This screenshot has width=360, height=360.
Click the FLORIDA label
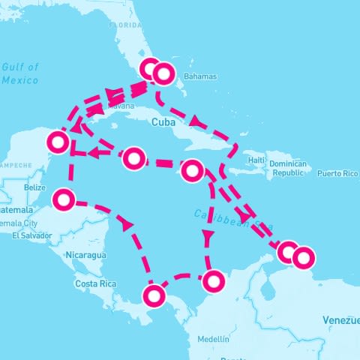pyautogui.click(x=125, y=24)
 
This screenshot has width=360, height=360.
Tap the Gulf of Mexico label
pyautogui.click(x=21, y=73)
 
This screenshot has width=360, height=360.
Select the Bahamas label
pyautogui.click(x=199, y=76)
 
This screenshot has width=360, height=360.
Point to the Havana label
pyautogui.click(x=122, y=106)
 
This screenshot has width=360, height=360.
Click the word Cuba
pyautogui.click(x=163, y=121)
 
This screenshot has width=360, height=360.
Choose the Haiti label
pyautogui.click(x=257, y=160)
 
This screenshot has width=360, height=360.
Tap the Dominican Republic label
pyautogui.click(x=289, y=168)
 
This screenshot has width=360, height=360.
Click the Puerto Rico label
pyautogui.click(x=337, y=173)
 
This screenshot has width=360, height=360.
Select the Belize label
pyautogui.click(x=35, y=187)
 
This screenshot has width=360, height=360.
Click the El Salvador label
pyautogui.click(x=32, y=235)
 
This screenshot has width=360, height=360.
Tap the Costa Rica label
pyautogui.click(x=95, y=283)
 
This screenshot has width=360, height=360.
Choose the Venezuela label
pyautogui.click(x=341, y=320)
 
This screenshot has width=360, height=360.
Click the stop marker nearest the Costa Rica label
pyautogui.click(x=154, y=296)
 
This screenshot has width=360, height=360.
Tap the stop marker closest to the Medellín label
pyautogui.click(x=214, y=281)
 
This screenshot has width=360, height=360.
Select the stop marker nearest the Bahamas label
pyautogui.click(x=163, y=73)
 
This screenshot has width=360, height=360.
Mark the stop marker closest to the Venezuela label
pyautogui.click(x=303, y=258)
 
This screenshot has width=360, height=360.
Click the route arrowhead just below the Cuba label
pyautogui.click(x=194, y=121)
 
